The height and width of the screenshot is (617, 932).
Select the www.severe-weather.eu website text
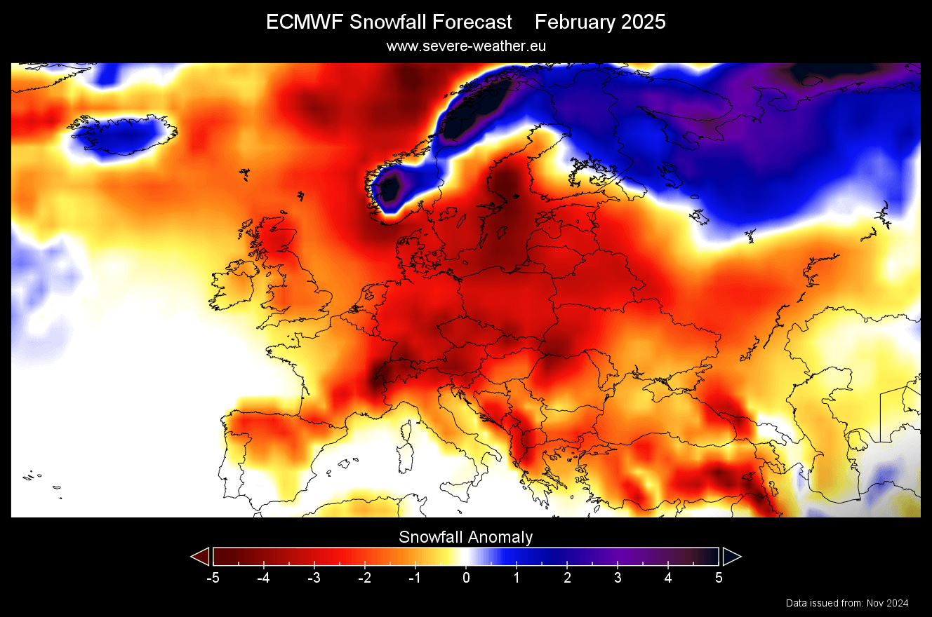click(x=466, y=46)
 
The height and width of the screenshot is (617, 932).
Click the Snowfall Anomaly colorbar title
click(x=466, y=538)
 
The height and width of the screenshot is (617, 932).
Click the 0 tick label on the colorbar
click(x=466, y=578)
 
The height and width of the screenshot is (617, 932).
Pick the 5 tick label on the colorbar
click(x=719, y=578)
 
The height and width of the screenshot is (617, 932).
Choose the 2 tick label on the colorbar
click(x=567, y=578)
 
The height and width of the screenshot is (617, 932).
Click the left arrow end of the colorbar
click(x=200, y=557)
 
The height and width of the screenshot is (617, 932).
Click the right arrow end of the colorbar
click(x=731, y=557)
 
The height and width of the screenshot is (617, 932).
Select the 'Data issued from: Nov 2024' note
click(x=847, y=603)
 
